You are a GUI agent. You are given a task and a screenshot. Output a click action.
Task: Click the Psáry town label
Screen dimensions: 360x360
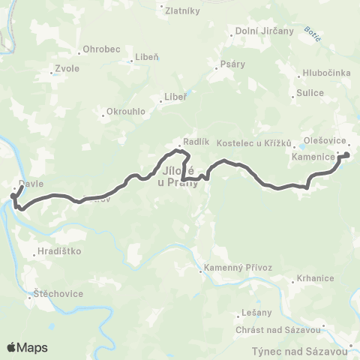[232, 64]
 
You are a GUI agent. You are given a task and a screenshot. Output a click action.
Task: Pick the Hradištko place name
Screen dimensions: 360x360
[58, 252]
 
